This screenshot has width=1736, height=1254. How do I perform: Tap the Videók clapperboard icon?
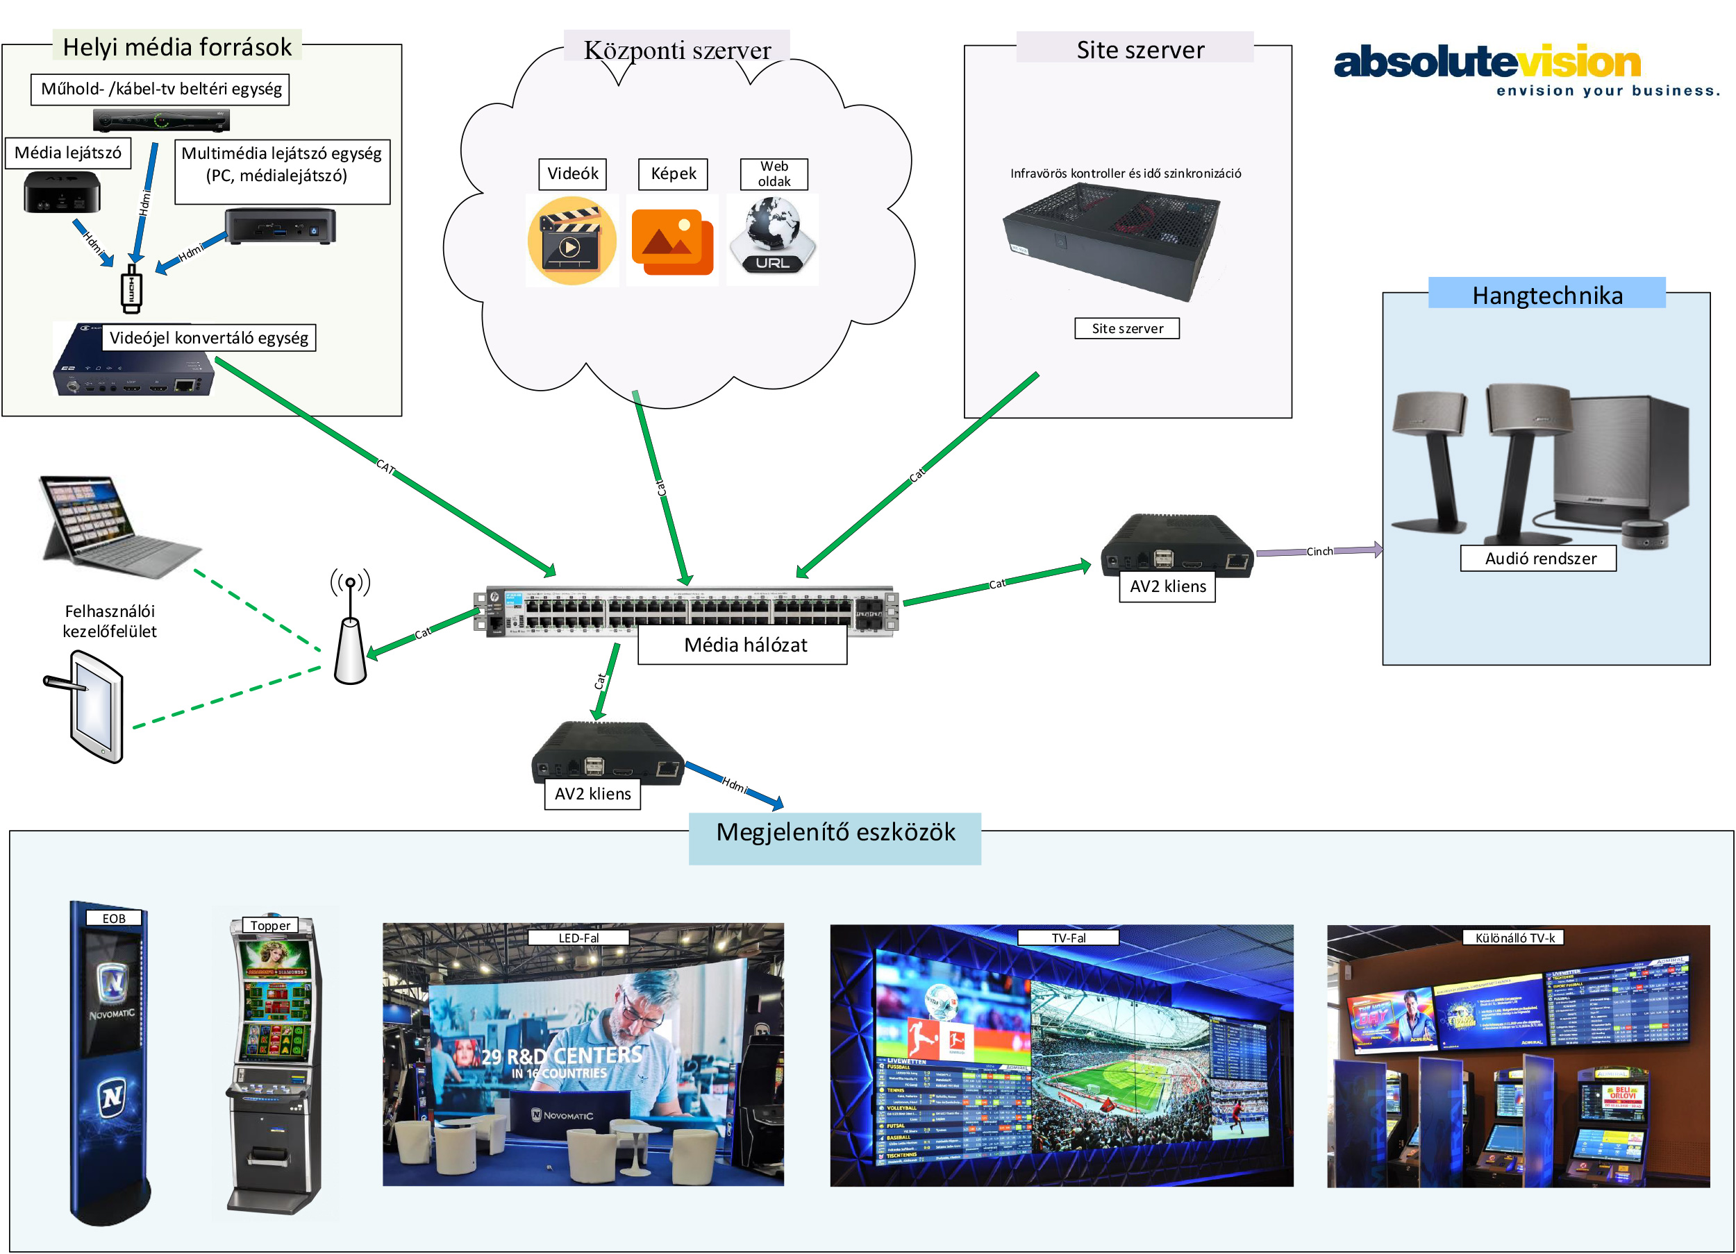click(571, 241)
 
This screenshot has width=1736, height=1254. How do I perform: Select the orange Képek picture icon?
click(672, 241)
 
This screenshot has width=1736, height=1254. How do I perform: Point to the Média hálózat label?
click(745, 645)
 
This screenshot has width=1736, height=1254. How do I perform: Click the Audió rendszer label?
click(1540, 559)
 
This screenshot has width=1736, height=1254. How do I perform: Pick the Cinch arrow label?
click(1319, 552)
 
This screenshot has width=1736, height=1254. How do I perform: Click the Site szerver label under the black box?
click(1127, 328)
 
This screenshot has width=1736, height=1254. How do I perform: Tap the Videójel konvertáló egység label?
click(208, 337)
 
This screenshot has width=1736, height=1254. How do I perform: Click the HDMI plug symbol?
click(132, 289)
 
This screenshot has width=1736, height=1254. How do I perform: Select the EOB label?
click(114, 918)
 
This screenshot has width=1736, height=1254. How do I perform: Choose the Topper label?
click(270, 925)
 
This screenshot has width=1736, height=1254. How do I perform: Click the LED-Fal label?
click(578, 938)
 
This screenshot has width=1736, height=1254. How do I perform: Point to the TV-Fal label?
click(1069, 938)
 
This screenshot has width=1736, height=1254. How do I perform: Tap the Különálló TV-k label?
click(1514, 938)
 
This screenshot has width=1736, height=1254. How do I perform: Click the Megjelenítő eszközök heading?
click(835, 833)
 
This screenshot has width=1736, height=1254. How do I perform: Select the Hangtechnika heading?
click(1547, 296)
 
